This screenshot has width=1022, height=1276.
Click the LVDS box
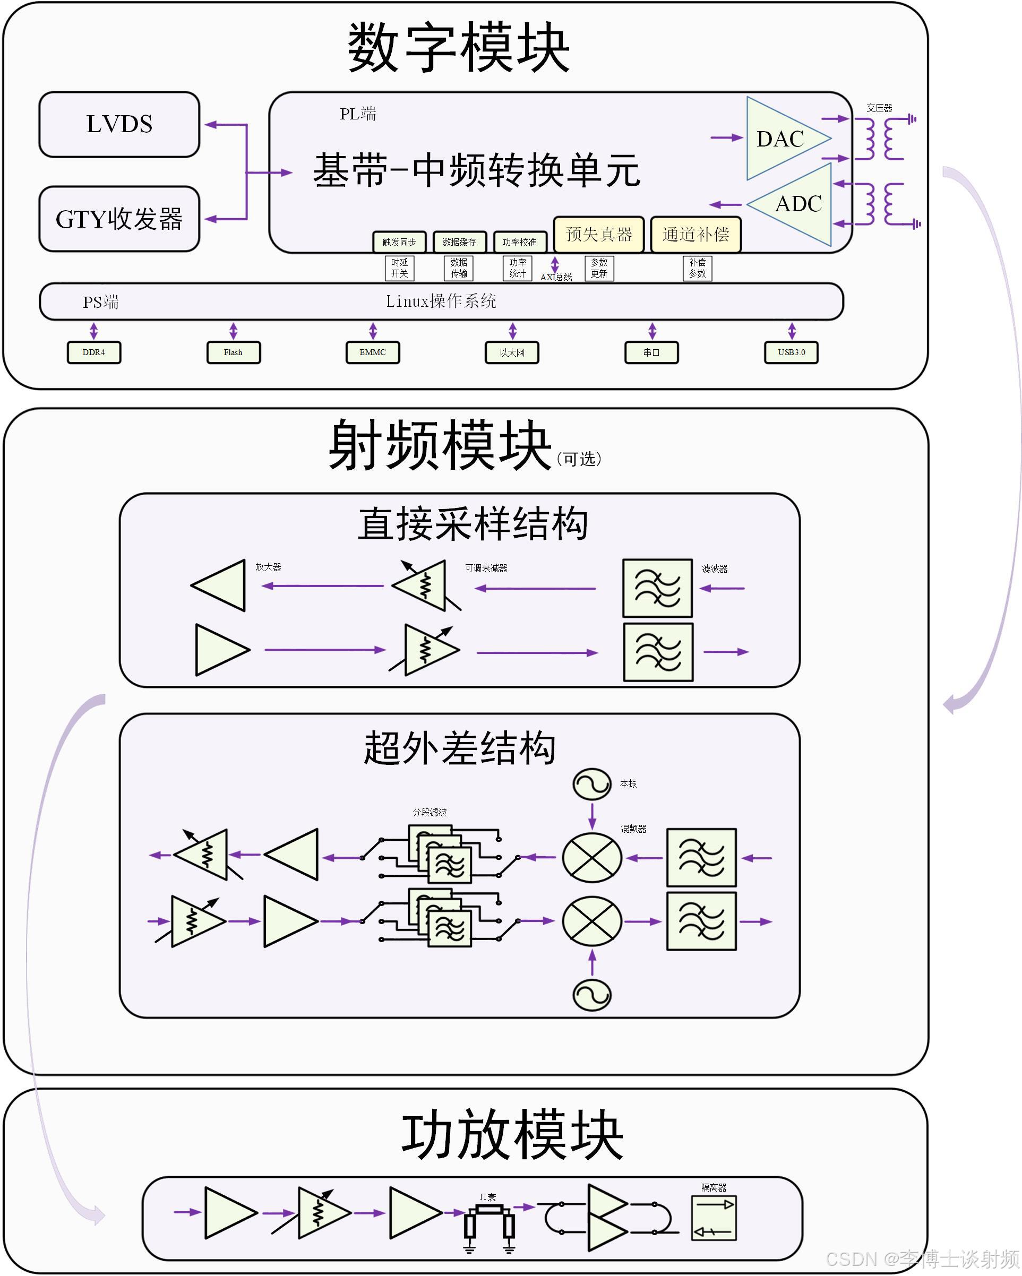(119, 124)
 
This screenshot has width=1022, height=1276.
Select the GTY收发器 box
(119, 219)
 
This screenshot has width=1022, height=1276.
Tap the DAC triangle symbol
(781, 139)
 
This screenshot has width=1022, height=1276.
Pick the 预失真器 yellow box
(599, 235)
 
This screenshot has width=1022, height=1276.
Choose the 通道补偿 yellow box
(695, 235)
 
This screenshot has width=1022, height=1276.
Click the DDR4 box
(93, 352)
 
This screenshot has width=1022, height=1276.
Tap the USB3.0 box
(791, 352)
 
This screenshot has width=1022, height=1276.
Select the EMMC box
(373, 352)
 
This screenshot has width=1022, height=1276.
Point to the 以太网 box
(512, 352)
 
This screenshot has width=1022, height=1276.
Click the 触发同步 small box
(399, 242)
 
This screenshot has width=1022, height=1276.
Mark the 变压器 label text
(879, 108)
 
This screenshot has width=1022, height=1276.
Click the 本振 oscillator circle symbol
(591, 783)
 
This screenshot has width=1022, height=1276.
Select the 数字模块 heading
(459, 47)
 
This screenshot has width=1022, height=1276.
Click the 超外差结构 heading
(459, 748)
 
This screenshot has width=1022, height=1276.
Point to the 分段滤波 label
(430, 812)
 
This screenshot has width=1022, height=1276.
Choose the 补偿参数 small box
(697, 268)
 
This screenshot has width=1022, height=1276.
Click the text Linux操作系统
(441, 301)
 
